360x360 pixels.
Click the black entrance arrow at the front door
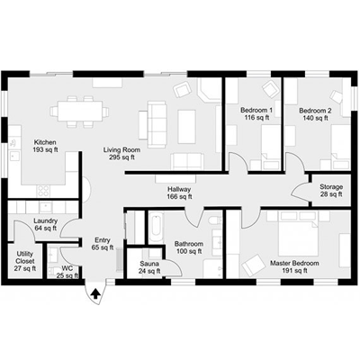(95, 293)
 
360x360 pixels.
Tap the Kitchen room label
(45, 142)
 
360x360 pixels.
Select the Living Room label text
(121, 149)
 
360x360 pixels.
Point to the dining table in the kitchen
(80, 112)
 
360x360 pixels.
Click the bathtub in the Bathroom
(157, 228)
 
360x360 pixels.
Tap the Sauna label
(149, 264)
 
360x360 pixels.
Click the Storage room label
(331, 187)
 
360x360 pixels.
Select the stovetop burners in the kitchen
(44, 191)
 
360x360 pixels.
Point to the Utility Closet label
(25, 257)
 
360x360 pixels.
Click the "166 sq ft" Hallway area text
(179, 197)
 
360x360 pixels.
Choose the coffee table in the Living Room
(187, 126)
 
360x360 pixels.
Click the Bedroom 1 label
(256, 111)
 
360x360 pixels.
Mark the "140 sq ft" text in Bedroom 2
(316, 118)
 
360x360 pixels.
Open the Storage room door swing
(300, 190)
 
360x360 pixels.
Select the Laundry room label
(45, 221)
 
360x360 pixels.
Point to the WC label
(67, 268)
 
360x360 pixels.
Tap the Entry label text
(103, 240)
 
